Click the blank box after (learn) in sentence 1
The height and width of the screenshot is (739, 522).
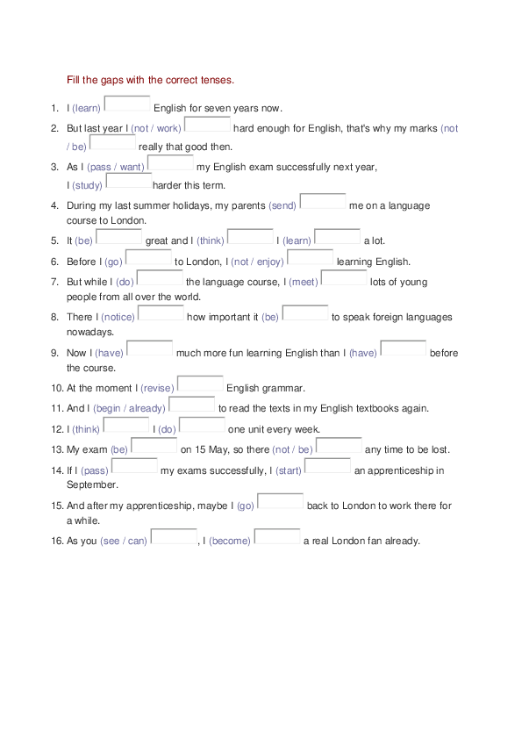click(x=127, y=104)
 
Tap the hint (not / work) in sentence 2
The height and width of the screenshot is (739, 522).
click(x=156, y=129)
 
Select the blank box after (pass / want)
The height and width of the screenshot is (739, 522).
click(x=170, y=163)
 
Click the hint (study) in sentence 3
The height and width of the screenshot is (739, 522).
click(x=87, y=186)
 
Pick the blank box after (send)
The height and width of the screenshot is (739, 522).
click(x=323, y=202)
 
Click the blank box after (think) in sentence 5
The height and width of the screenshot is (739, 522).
click(x=250, y=237)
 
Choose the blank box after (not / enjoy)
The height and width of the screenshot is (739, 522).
click(x=311, y=258)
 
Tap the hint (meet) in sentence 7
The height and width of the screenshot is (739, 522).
click(x=304, y=283)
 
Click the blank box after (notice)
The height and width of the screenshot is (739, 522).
click(x=161, y=313)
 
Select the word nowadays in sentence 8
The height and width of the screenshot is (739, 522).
click(x=90, y=333)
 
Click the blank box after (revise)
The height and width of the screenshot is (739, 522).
click(x=200, y=384)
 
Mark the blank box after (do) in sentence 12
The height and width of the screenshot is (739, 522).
click(x=202, y=426)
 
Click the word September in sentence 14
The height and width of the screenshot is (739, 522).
click(x=92, y=484)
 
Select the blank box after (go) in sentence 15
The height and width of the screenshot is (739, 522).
click(x=281, y=503)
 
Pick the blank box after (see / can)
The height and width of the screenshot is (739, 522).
click(x=174, y=537)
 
